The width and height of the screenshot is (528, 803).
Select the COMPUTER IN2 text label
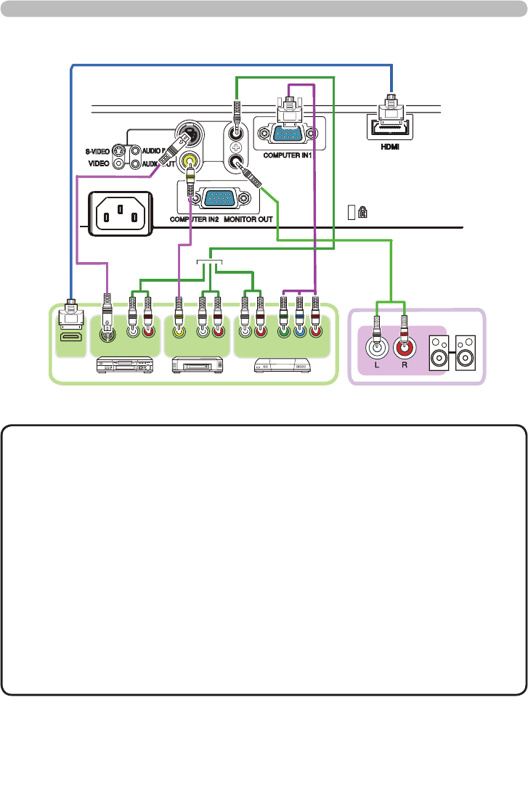194,219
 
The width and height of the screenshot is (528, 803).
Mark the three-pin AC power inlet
121,214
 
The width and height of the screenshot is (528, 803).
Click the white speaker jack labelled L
377,346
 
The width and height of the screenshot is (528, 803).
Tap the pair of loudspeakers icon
452,352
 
